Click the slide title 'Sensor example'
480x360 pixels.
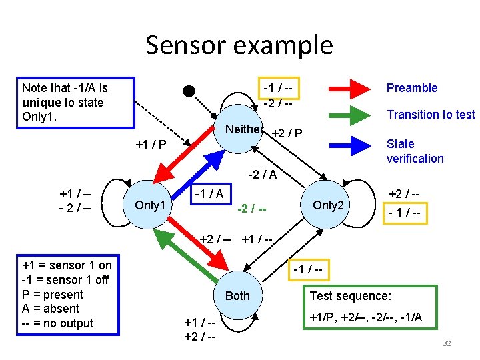(239, 45)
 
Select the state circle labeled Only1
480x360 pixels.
(150, 205)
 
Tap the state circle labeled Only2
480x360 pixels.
(327, 205)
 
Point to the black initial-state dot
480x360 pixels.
(189, 91)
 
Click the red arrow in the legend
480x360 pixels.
(349, 89)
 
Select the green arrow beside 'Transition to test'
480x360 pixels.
(349, 115)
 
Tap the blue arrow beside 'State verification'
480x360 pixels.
(349, 144)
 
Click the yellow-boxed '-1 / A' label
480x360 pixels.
(209, 193)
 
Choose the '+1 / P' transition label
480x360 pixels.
(151, 145)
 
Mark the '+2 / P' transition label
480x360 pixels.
(287, 135)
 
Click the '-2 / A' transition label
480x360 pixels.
(263, 175)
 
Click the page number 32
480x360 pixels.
(447, 343)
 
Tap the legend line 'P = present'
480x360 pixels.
(53, 295)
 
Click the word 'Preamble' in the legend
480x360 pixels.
(412, 88)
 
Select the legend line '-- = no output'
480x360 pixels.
(58, 323)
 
